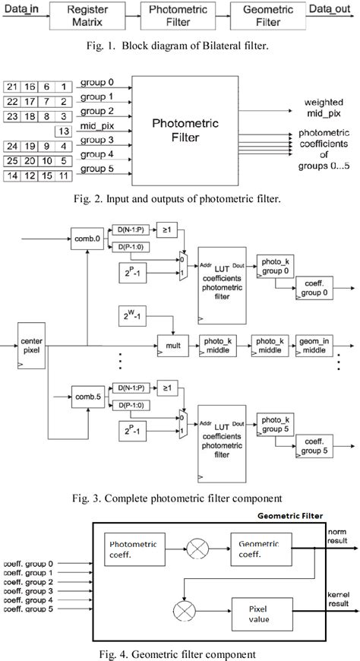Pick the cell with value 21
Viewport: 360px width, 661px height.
(x=13, y=88)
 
